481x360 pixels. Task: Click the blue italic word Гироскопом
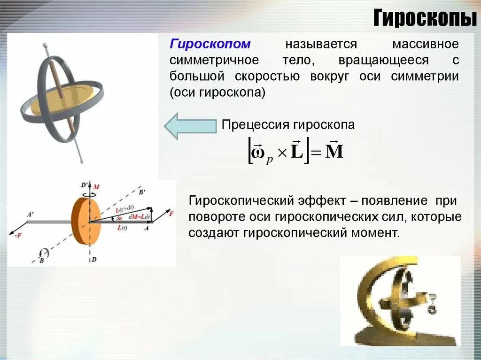(x=210, y=45)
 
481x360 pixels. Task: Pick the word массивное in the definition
(x=425, y=45)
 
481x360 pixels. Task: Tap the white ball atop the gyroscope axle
(x=46, y=46)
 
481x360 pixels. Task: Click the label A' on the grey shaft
(x=30, y=214)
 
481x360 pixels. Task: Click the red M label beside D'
(x=96, y=187)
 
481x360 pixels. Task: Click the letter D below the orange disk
(x=95, y=259)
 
